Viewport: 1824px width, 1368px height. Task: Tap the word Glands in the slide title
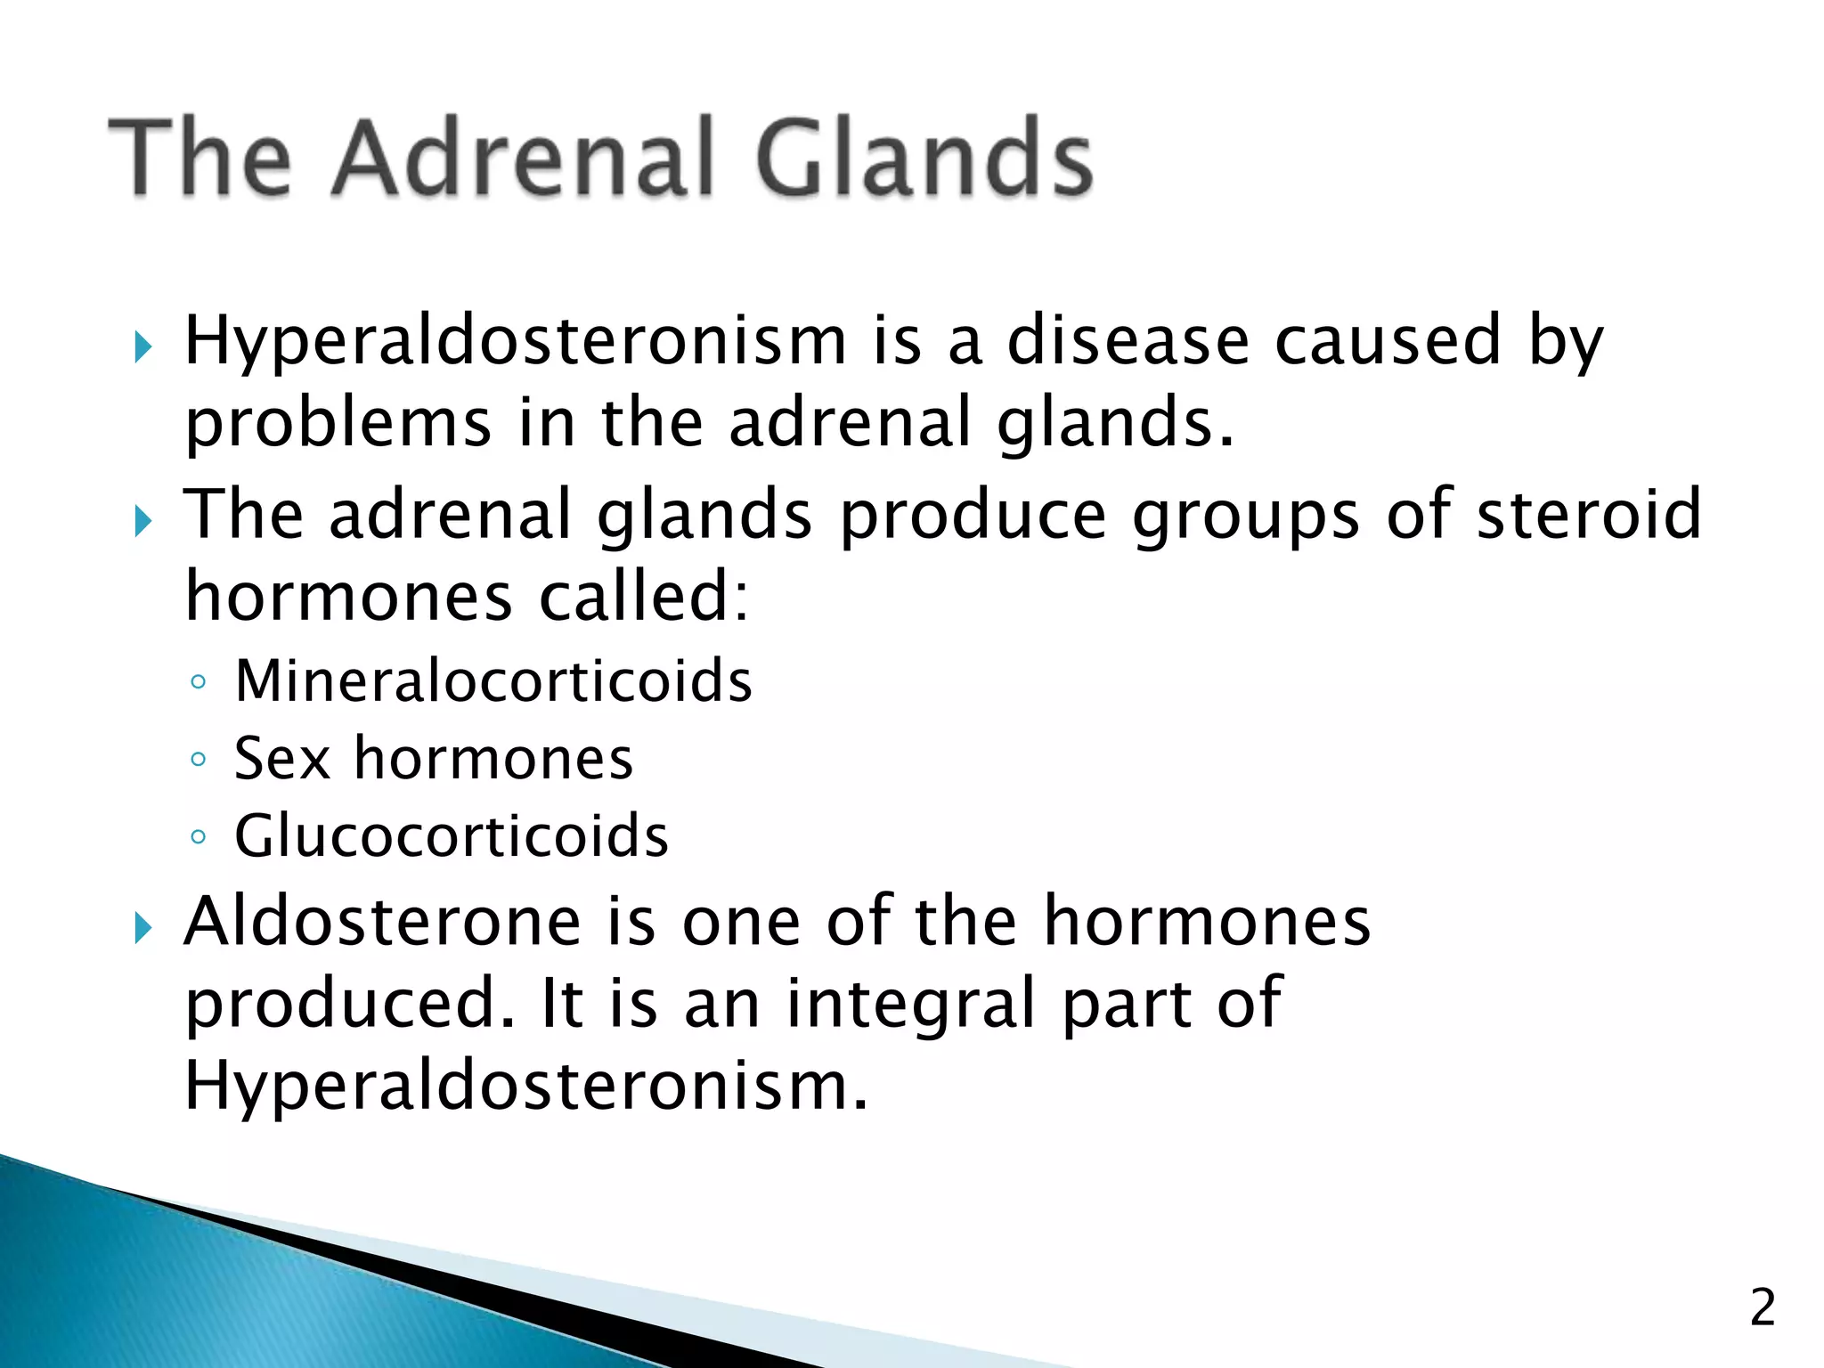pyautogui.click(x=924, y=158)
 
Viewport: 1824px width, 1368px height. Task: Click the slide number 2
pyautogui.click(x=1763, y=1308)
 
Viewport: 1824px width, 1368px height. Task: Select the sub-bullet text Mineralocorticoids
pyautogui.click(x=493, y=681)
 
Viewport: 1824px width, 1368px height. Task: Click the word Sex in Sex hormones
pyautogui.click(x=281, y=759)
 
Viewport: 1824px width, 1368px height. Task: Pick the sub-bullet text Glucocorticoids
pyautogui.click(x=452, y=836)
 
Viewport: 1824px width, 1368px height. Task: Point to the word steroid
pyautogui.click(x=1589, y=515)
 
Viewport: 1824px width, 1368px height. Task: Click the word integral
pyautogui.click(x=911, y=1004)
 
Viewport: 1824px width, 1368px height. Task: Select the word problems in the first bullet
pyautogui.click(x=338, y=423)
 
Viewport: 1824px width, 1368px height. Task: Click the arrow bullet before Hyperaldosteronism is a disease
pyautogui.click(x=143, y=346)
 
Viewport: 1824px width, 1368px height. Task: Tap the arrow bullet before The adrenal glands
pyautogui.click(x=143, y=520)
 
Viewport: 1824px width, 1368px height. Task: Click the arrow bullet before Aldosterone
pyautogui.click(x=143, y=927)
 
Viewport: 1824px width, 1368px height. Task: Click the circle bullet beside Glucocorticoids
pyautogui.click(x=199, y=838)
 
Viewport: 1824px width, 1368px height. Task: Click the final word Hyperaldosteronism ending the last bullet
pyautogui.click(x=525, y=1087)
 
